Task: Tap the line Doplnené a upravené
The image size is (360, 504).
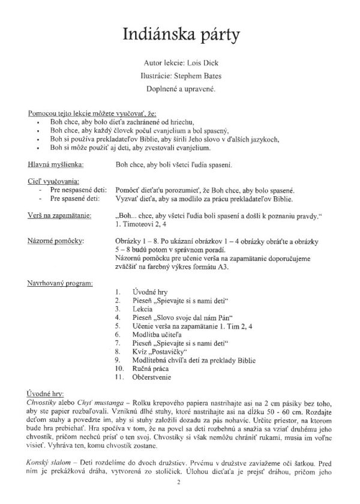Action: pos(180,89)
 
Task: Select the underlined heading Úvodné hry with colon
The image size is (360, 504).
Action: pos(47,389)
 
